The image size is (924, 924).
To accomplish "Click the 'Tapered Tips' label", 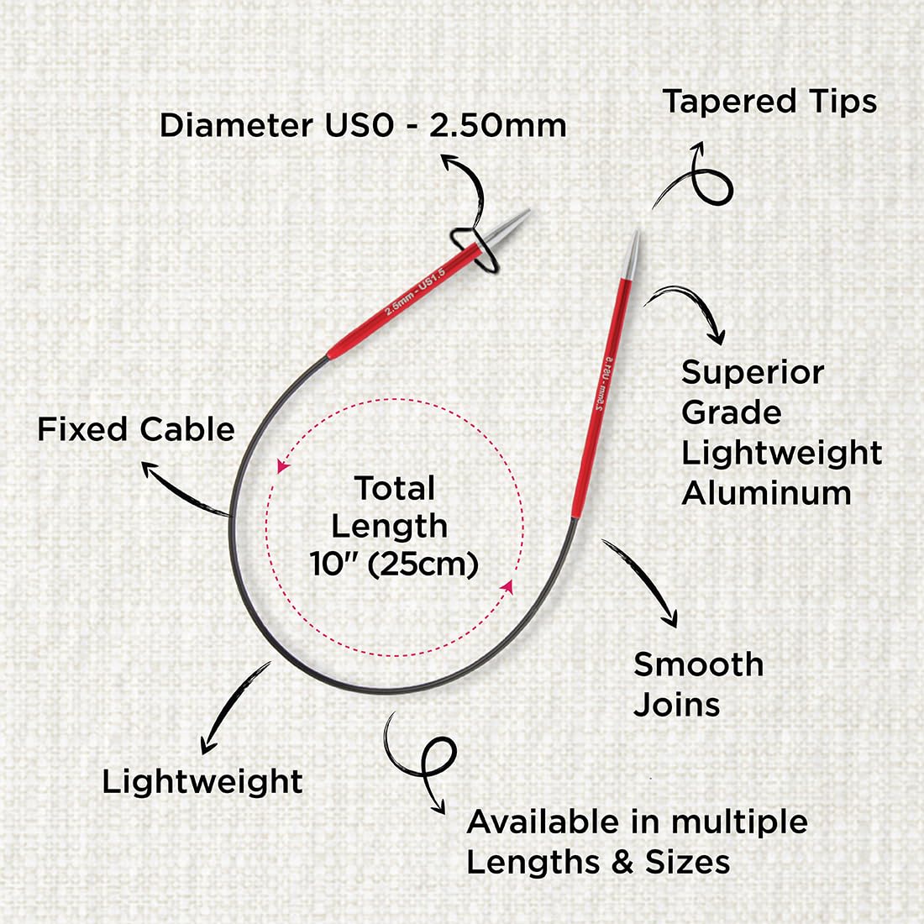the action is [x=769, y=102].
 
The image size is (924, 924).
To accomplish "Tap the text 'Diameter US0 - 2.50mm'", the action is [x=363, y=125].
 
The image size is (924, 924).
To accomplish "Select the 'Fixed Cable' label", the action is [x=136, y=429].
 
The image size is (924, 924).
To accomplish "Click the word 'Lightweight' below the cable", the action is [x=202, y=783].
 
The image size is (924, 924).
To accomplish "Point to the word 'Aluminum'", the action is [x=766, y=492].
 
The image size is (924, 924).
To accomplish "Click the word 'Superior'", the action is [x=753, y=373].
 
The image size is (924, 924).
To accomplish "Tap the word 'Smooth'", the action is [x=698, y=664].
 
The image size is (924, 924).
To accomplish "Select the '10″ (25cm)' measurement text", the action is [x=394, y=564].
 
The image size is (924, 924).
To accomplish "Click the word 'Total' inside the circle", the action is [x=395, y=488].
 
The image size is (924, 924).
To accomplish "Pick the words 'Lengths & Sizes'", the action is [x=598, y=863].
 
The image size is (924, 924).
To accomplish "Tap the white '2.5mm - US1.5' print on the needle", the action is [x=415, y=291].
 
